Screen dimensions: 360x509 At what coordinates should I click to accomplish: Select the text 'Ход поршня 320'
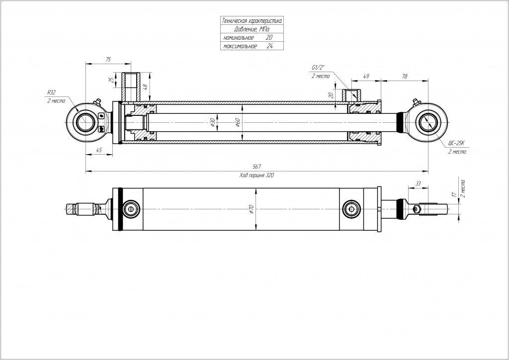tap(256, 176)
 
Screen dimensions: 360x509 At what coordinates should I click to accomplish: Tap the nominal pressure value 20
tap(269, 38)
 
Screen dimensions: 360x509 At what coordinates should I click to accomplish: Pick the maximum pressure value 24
tap(269, 46)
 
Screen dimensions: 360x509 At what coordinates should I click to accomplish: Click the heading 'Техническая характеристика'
tap(252, 21)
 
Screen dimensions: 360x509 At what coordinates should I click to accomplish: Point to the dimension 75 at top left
tap(108, 59)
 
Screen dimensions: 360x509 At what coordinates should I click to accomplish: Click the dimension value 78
tap(404, 76)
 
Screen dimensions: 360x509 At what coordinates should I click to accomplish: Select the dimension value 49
tap(366, 76)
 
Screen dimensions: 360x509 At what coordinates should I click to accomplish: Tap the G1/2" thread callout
tap(318, 68)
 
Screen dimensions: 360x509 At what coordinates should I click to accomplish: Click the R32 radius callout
tap(51, 92)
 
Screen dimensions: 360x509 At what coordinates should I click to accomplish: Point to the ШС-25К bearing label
tap(457, 143)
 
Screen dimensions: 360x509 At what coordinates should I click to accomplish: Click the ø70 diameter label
tap(252, 209)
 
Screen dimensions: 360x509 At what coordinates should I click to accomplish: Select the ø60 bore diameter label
tap(238, 122)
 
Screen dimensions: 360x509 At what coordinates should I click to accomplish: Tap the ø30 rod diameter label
tap(212, 122)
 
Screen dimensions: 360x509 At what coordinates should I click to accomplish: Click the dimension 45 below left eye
tap(99, 150)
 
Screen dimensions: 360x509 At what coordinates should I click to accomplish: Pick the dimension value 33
tap(418, 183)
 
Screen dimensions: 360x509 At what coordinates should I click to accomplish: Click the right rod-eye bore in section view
tap(428, 122)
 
